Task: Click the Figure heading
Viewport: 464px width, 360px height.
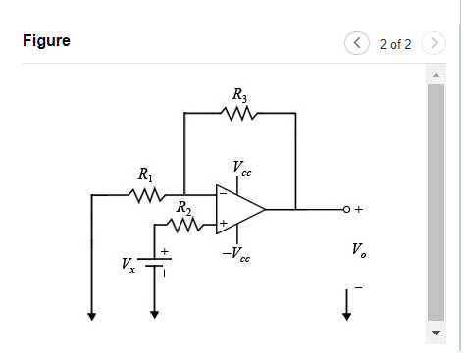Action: pos(46,42)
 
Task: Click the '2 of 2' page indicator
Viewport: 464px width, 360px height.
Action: pos(395,43)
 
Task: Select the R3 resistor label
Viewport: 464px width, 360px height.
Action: pos(240,95)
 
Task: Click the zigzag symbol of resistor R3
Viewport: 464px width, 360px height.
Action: pos(240,114)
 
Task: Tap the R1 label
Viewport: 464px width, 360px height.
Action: pos(146,177)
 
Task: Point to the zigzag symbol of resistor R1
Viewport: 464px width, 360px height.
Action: pos(146,195)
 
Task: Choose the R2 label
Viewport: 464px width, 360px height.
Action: pos(183,208)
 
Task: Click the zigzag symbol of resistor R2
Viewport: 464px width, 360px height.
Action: pos(184,226)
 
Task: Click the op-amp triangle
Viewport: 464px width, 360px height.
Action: pos(238,209)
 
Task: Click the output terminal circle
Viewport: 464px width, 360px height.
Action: pos(346,209)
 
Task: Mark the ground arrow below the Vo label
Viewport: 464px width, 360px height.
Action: pos(346,313)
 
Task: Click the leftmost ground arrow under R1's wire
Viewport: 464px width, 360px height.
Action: pos(91,315)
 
